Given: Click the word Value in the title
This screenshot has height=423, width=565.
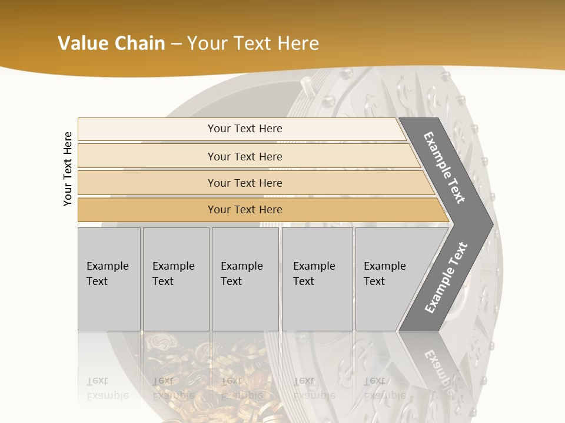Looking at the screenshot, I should coord(82,43).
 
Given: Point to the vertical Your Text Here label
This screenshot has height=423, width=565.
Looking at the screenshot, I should coord(68,169).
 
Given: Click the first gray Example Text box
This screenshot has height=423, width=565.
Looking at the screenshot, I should coord(109,279).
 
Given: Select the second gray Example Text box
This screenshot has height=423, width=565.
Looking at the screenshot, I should coord(176,279).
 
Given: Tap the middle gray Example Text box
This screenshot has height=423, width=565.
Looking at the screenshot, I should coord(245,279).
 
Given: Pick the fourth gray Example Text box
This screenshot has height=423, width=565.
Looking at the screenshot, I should coord(317,279).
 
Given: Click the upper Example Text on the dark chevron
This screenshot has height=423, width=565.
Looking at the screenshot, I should coord(444,167).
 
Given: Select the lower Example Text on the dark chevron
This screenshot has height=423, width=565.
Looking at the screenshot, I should coord(446,277).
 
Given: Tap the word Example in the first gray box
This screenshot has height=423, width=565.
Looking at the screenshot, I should coord(107,266).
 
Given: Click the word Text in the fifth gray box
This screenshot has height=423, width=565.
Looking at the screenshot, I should coord(374,281).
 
